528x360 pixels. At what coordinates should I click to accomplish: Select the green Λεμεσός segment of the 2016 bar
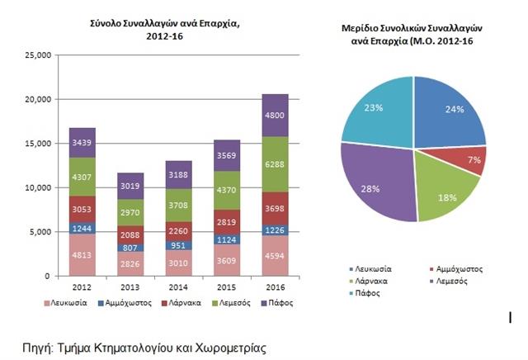[x=274, y=163]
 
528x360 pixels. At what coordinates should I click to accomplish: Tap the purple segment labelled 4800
[x=274, y=115]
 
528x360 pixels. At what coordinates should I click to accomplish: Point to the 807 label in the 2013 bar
[x=130, y=247]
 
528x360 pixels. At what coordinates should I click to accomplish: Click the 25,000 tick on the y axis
[x=40, y=55]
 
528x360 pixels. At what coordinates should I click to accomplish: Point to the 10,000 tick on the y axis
[x=40, y=187]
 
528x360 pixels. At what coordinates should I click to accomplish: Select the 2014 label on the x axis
[x=178, y=289]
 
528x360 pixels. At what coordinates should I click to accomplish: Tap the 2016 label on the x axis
[x=274, y=289]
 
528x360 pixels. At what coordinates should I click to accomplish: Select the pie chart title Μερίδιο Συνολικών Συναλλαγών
[x=412, y=28]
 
